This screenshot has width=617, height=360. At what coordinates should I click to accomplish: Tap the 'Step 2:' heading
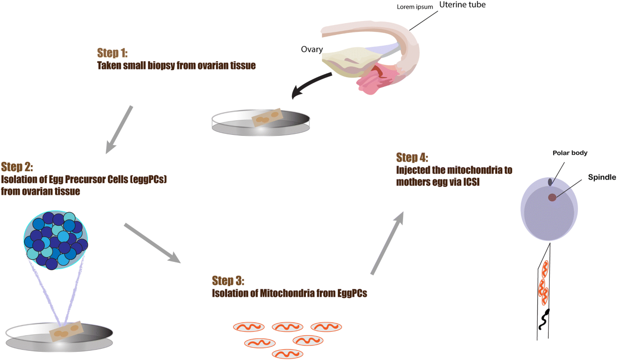point(18,167)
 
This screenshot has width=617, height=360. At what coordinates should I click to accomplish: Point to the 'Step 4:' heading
point(412,157)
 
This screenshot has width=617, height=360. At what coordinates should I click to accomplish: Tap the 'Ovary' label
point(312,50)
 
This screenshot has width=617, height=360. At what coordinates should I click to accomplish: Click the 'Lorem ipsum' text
point(414,7)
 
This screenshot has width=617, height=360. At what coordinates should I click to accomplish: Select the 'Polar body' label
point(570,153)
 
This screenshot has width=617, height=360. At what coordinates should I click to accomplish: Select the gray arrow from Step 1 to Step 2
point(120,129)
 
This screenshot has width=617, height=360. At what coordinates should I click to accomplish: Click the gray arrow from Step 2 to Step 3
point(153,243)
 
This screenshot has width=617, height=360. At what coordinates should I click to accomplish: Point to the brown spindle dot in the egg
point(552,197)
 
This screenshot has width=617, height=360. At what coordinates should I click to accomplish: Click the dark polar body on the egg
point(550,182)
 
